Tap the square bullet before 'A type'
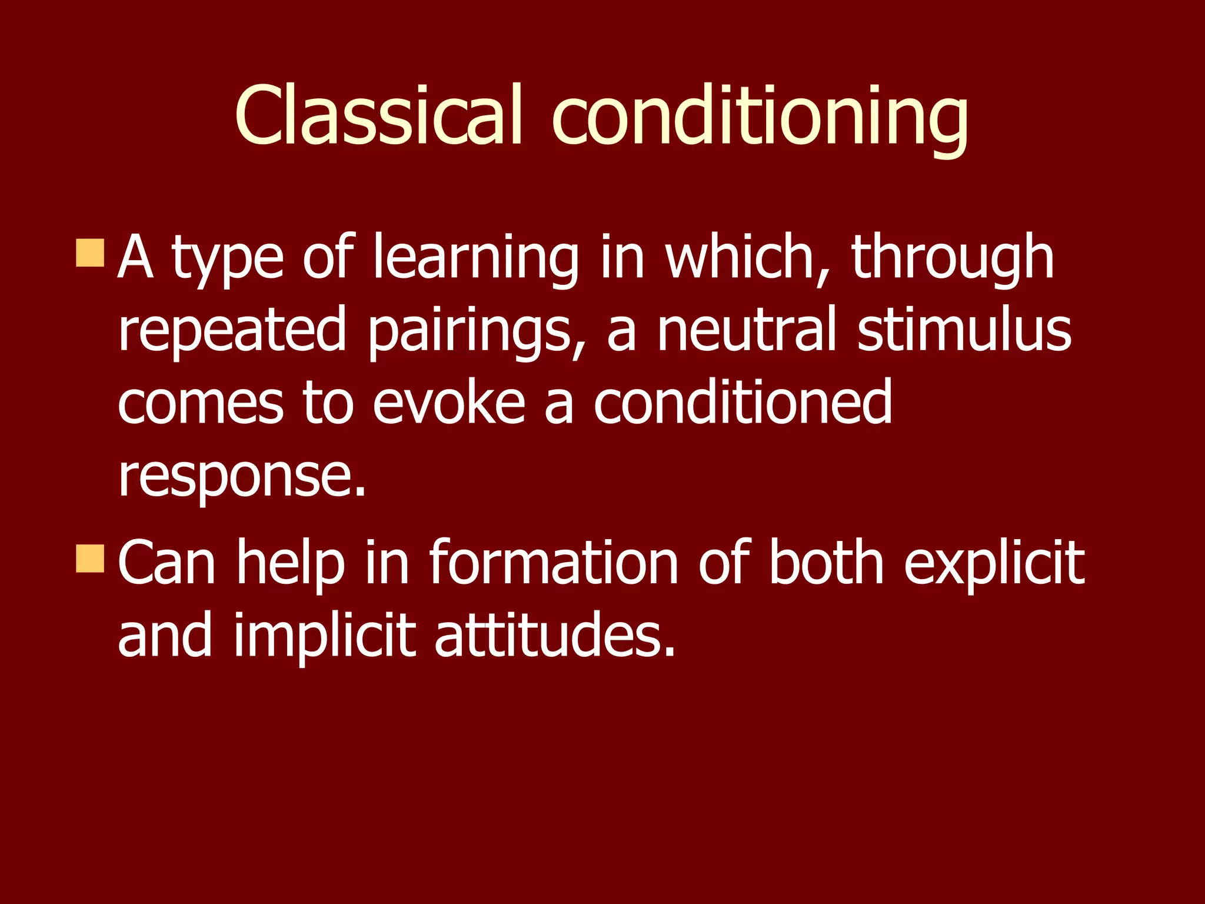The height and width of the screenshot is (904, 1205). tap(90, 253)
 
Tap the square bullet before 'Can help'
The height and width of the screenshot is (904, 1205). tap(90, 558)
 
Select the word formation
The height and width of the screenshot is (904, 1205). tap(554, 564)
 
